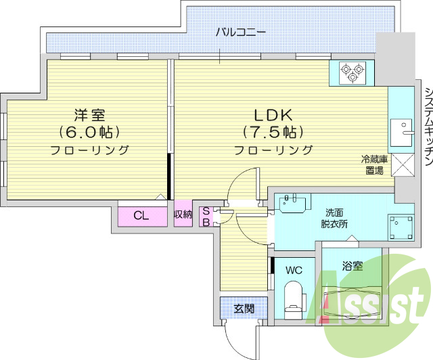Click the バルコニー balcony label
point(241,31)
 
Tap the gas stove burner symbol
point(351,72)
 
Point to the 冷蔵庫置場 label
point(373,165)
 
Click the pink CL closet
point(141,216)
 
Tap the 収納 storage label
point(183,215)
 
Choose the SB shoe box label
point(206,216)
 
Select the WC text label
point(293,270)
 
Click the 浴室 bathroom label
point(352,266)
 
